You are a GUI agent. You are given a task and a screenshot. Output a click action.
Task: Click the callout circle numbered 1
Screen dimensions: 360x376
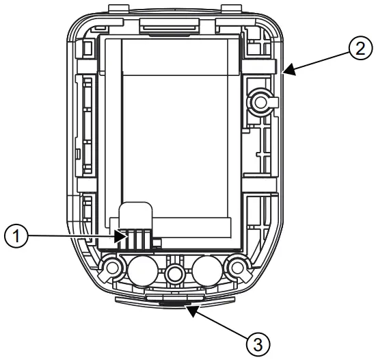[16, 236]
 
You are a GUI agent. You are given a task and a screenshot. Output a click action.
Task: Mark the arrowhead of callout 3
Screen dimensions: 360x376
[187, 307]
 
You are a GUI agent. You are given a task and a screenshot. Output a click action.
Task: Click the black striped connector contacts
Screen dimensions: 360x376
[134, 238]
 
